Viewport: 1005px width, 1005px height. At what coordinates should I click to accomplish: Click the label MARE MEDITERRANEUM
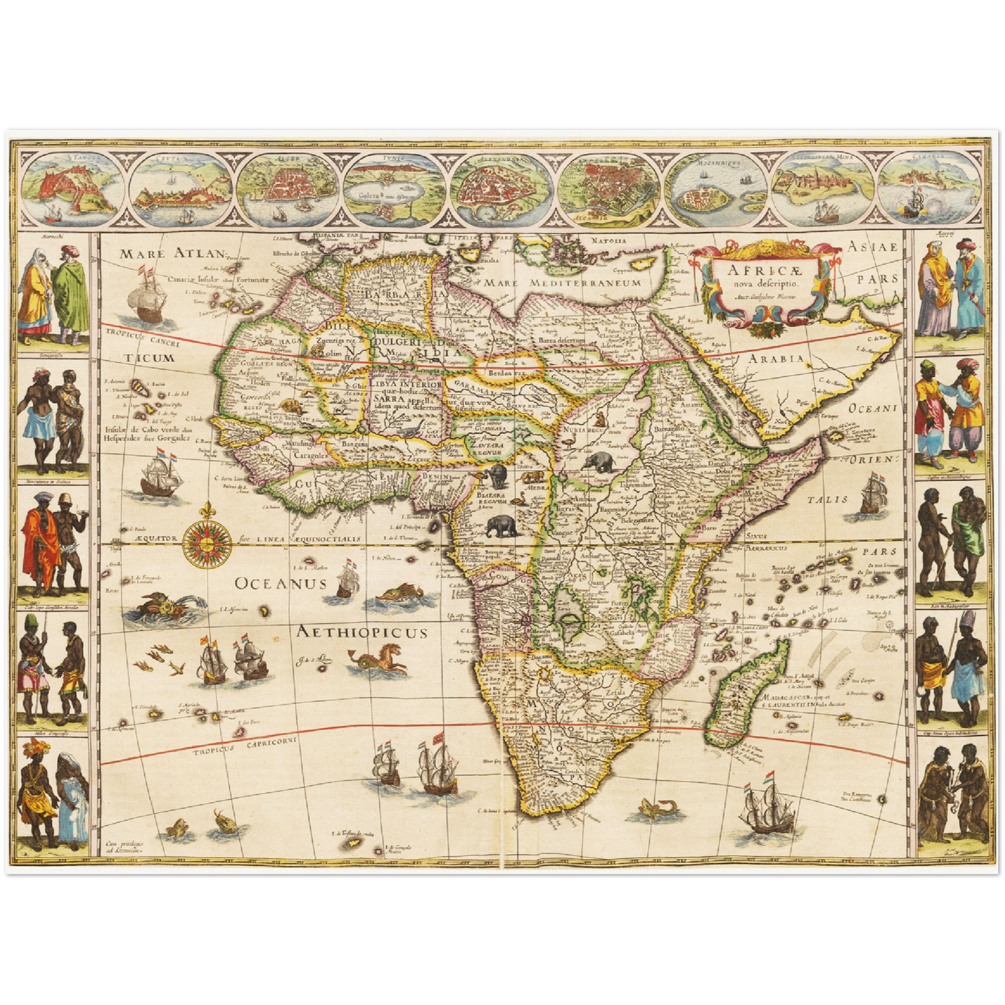563,283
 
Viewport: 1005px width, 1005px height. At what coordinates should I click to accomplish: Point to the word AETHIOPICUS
362,632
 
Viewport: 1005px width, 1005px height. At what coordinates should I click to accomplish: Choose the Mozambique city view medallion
717,185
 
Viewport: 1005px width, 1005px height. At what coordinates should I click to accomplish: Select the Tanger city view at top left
74,185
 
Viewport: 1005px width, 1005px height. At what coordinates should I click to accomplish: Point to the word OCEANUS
280,583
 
